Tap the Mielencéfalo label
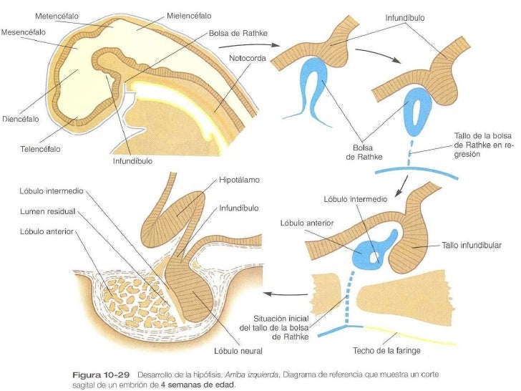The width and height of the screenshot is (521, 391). click(x=190, y=14)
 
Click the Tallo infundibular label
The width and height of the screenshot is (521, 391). click(x=472, y=245)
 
